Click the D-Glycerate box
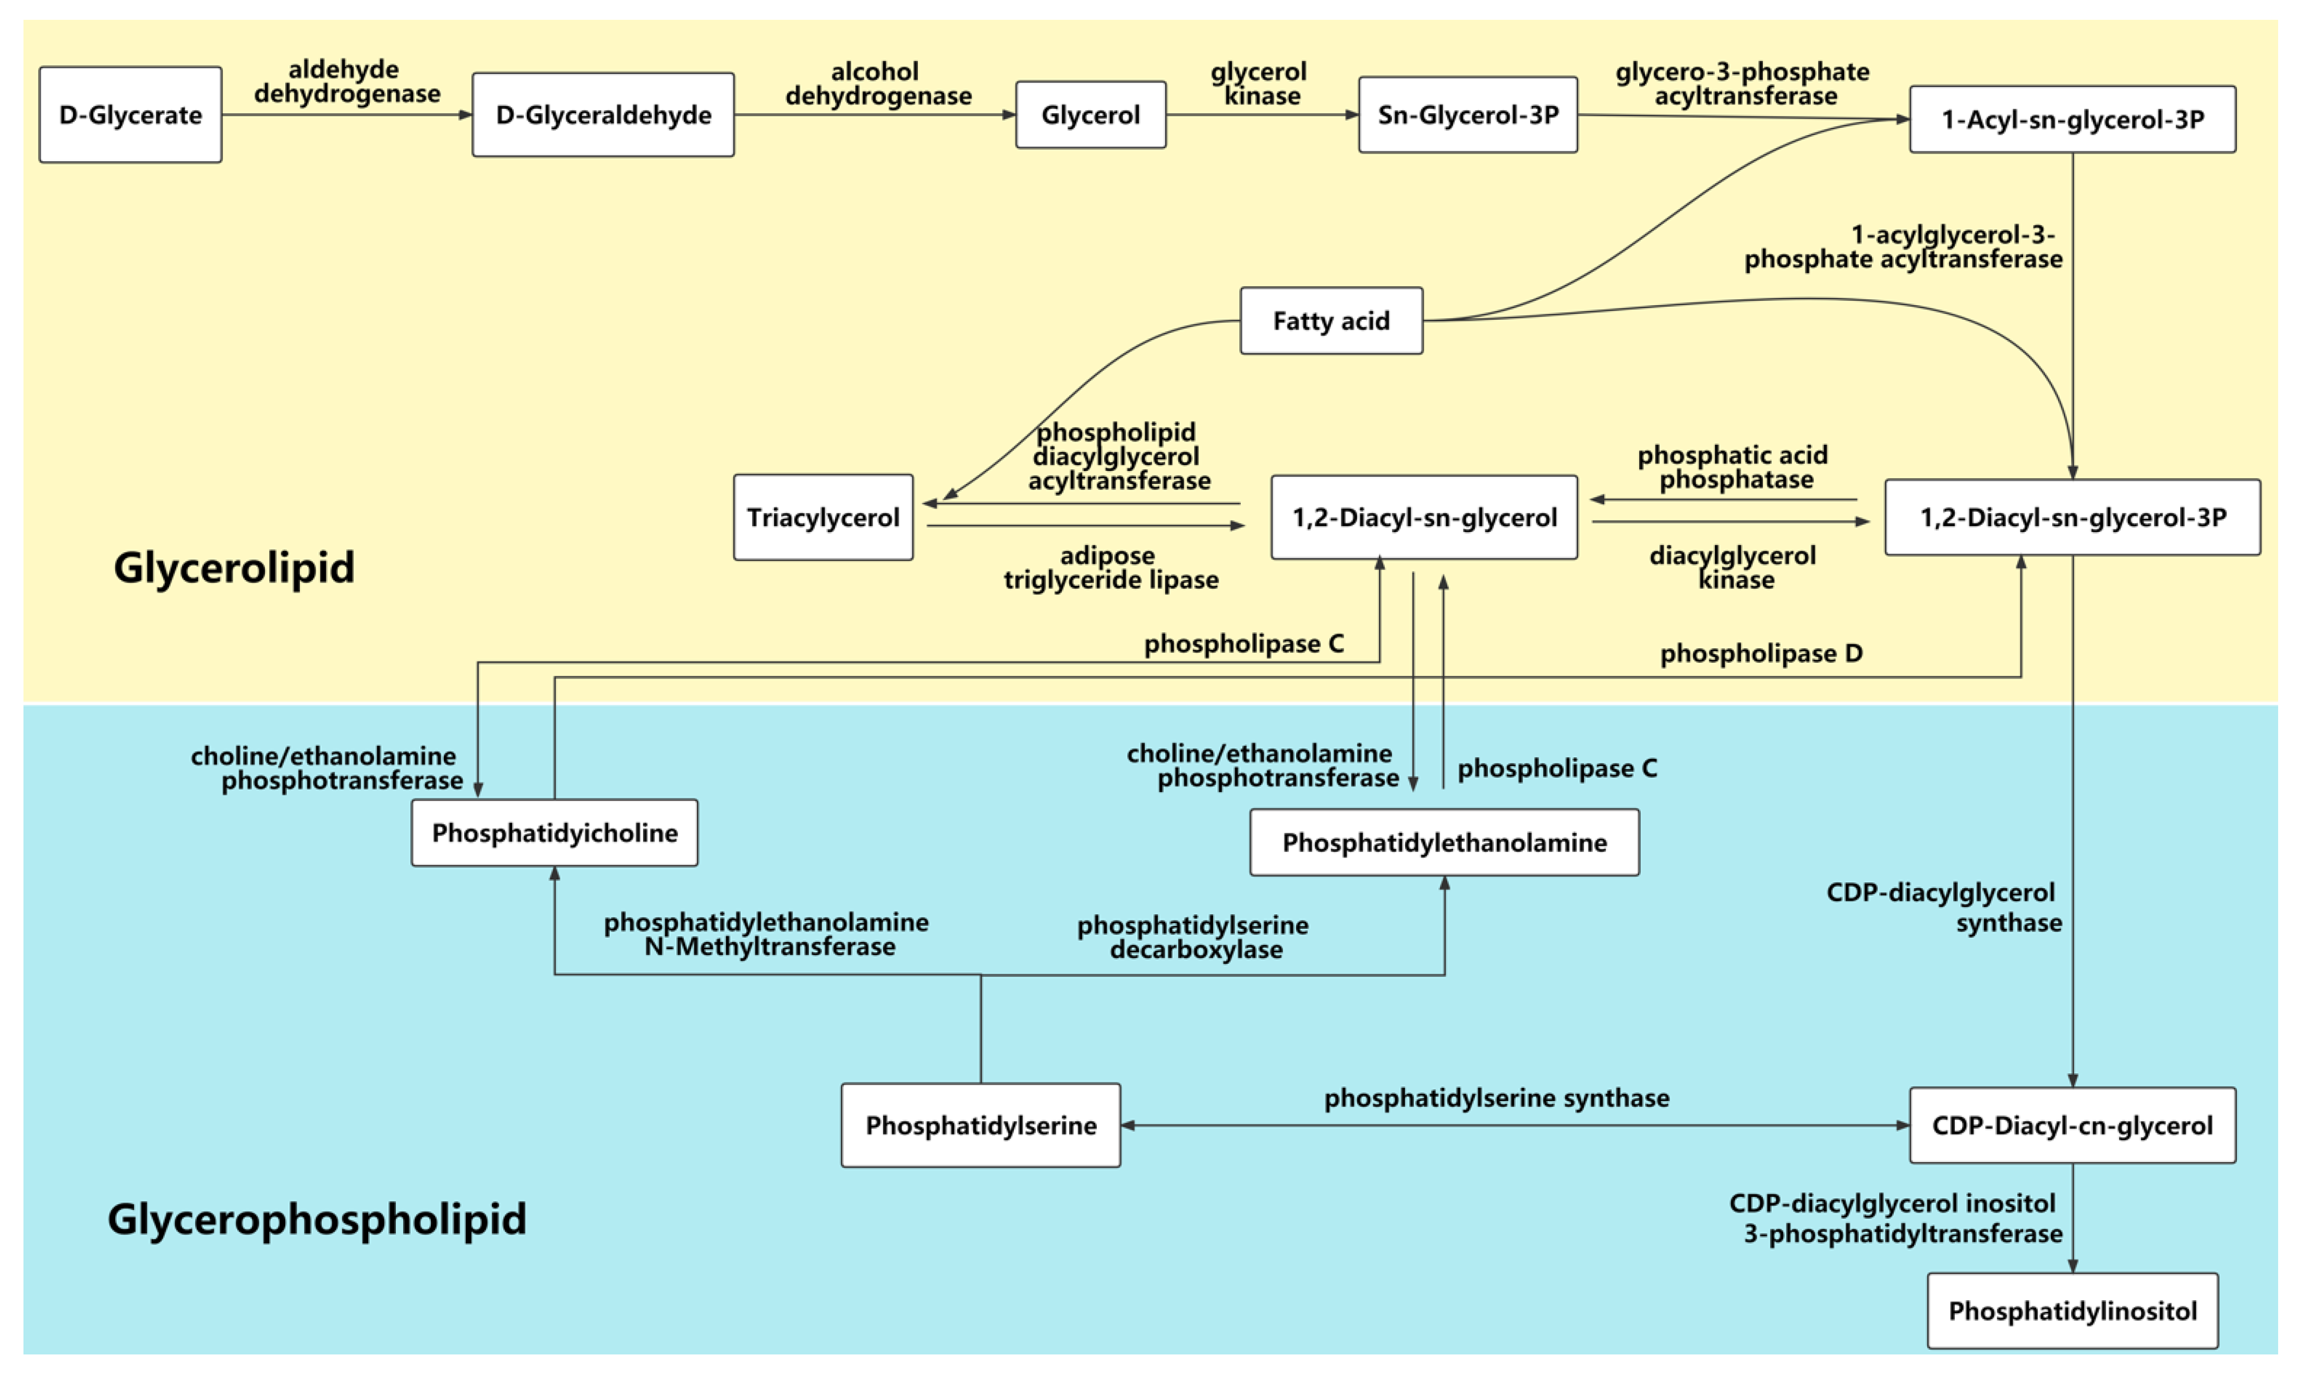click(x=130, y=114)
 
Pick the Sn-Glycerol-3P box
click(x=1467, y=114)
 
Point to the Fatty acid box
click(x=1330, y=321)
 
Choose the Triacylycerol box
click(x=822, y=517)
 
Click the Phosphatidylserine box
click(x=980, y=1125)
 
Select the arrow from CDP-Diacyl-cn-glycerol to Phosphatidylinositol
click(x=2072, y=1218)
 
